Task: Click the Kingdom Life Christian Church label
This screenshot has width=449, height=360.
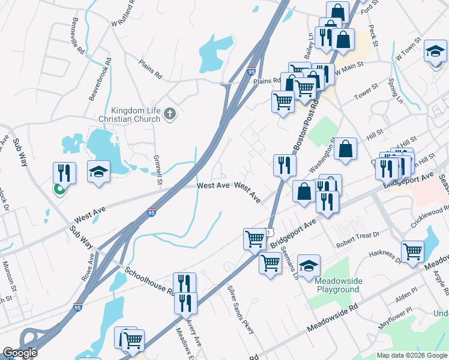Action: coord(136,115)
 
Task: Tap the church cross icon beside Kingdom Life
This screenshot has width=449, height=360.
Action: coord(170,114)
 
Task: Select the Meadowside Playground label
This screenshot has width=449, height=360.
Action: coord(338,285)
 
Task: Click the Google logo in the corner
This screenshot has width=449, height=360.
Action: coord(20,353)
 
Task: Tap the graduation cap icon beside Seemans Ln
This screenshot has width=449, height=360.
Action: coord(309,266)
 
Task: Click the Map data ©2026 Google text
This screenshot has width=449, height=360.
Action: coord(412,355)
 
